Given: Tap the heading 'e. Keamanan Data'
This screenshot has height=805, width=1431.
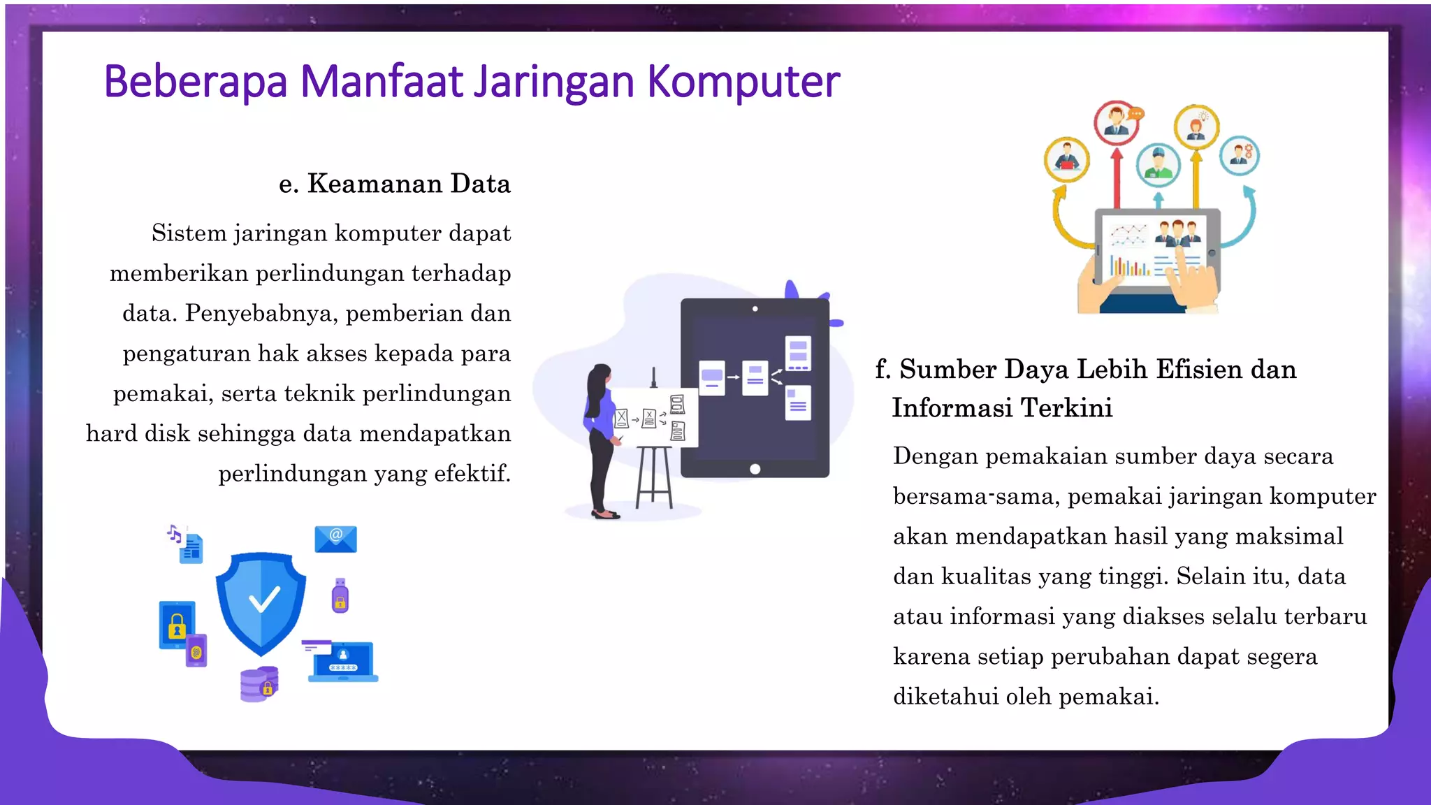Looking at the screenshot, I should click(x=395, y=184).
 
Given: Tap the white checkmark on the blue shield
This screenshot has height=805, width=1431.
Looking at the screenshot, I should click(x=263, y=599).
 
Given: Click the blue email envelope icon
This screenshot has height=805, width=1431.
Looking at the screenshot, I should click(x=335, y=539).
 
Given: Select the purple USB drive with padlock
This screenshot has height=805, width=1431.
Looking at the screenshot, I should click(x=340, y=595).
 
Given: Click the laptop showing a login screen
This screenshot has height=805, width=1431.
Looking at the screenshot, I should click(x=342, y=660).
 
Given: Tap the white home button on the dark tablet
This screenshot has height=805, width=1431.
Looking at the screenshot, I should click(x=755, y=469).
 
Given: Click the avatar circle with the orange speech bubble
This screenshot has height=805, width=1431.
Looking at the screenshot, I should click(x=1117, y=122).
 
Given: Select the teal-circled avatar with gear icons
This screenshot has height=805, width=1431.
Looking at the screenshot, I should click(x=1240, y=155).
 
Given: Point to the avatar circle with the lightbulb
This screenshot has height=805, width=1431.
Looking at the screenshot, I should click(x=1196, y=127).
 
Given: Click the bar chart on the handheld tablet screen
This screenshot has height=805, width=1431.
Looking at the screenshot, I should click(x=1129, y=266).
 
